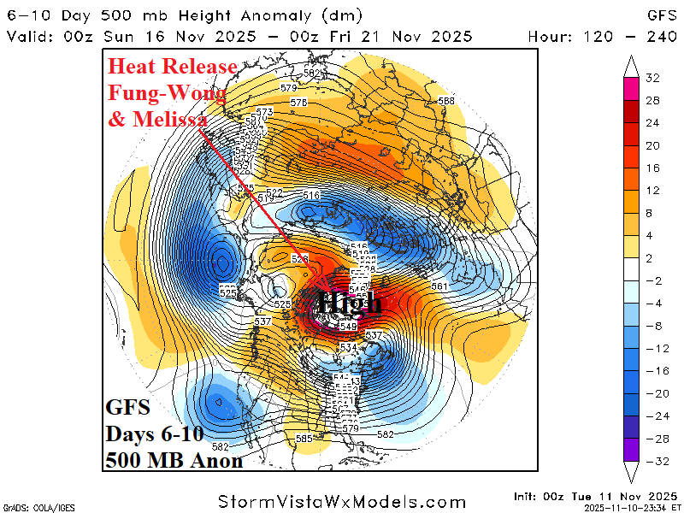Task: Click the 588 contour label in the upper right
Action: (445, 101)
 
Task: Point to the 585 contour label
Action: (304, 439)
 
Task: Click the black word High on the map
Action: (351, 303)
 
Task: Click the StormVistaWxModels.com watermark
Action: (342, 502)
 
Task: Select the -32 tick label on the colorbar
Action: (653, 461)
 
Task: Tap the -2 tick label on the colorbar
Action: (653, 281)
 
